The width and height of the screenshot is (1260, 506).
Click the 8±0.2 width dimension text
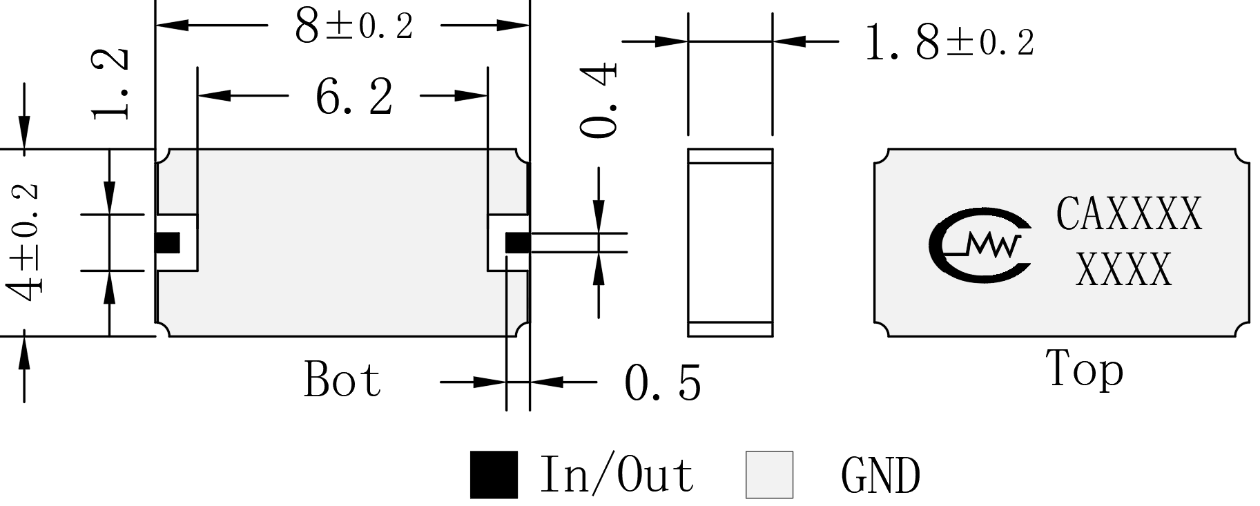[x=353, y=27]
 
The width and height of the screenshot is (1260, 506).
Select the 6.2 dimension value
[x=354, y=97]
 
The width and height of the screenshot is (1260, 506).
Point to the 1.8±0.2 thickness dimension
[x=949, y=43]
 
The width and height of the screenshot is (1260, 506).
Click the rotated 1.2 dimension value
[x=110, y=84]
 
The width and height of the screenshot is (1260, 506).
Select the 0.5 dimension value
[x=663, y=383]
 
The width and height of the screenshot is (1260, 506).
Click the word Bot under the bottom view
[x=342, y=379]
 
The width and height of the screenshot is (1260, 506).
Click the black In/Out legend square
[x=494, y=474]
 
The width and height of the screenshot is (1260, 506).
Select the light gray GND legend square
[x=769, y=474]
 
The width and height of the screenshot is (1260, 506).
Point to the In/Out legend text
[x=617, y=474]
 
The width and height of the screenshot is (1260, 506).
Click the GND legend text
[x=881, y=475]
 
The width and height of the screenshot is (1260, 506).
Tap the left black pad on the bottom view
[x=167, y=243]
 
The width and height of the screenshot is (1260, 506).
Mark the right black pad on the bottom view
[x=518, y=243]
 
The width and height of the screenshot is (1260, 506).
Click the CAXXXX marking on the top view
[x=1130, y=214]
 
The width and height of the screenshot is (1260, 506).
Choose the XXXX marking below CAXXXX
[x=1125, y=269]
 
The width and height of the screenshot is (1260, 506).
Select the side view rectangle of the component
[x=730, y=242]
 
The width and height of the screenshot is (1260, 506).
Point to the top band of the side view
[x=730, y=156]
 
